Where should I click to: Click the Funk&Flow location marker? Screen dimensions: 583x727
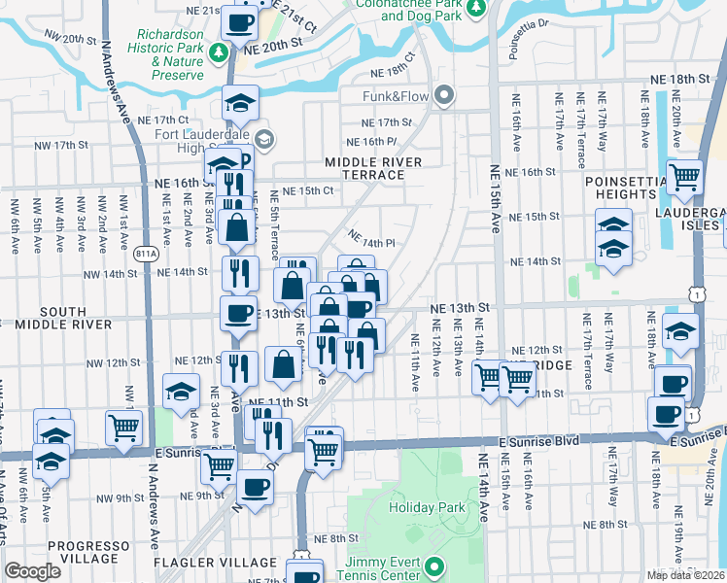(x=445, y=95)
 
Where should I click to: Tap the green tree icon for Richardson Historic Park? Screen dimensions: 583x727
(x=222, y=51)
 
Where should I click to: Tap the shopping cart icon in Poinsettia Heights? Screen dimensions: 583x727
(x=685, y=176)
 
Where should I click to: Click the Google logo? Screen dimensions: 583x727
(x=32, y=571)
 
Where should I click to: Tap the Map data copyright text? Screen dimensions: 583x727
(x=686, y=575)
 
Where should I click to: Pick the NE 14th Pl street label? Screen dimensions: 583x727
(x=371, y=238)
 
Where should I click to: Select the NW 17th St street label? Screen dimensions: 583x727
(x=86, y=145)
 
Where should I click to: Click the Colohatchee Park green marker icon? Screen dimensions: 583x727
(x=475, y=10)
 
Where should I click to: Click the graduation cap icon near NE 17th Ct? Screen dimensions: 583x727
(x=239, y=103)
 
